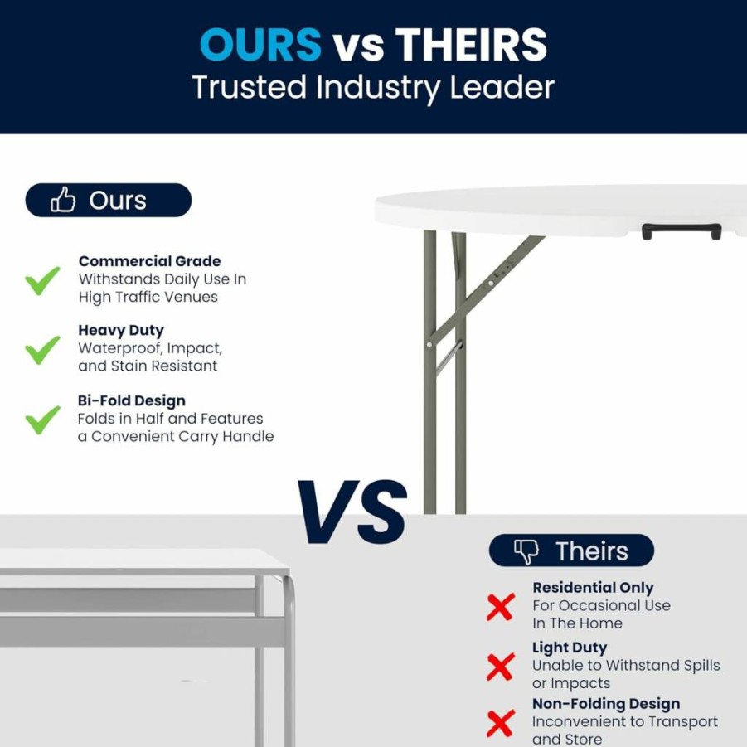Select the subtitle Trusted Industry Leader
(373, 88)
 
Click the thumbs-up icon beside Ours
(63, 199)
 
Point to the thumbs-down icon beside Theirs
(526, 551)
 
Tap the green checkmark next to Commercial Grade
(42, 280)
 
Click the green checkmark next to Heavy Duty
(42, 350)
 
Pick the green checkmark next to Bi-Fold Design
(42, 420)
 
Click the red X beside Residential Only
(501, 607)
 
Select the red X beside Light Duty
(501, 667)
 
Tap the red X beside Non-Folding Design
(501, 723)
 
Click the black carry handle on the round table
(682, 231)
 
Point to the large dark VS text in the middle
(352, 512)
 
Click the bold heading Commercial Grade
(149, 261)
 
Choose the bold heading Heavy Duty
(121, 330)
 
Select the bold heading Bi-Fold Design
(132, 400)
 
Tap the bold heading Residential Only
(593, 588)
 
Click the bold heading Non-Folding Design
(606, 704)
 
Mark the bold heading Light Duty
(570, 648)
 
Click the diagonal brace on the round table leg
(486, 289)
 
